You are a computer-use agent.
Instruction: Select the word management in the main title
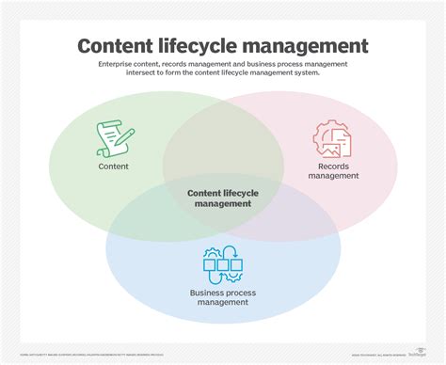(317, 46)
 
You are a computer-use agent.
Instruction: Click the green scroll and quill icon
(111, 138)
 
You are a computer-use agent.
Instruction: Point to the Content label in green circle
(113, 167)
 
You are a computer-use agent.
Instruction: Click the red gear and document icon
(331, 138)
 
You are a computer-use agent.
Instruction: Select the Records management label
(332, 170)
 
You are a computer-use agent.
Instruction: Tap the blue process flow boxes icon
(223, 264)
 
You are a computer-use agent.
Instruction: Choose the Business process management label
(223, 298)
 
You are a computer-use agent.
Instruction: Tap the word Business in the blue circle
(208, 293)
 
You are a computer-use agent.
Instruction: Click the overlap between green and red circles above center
(223, 141)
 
